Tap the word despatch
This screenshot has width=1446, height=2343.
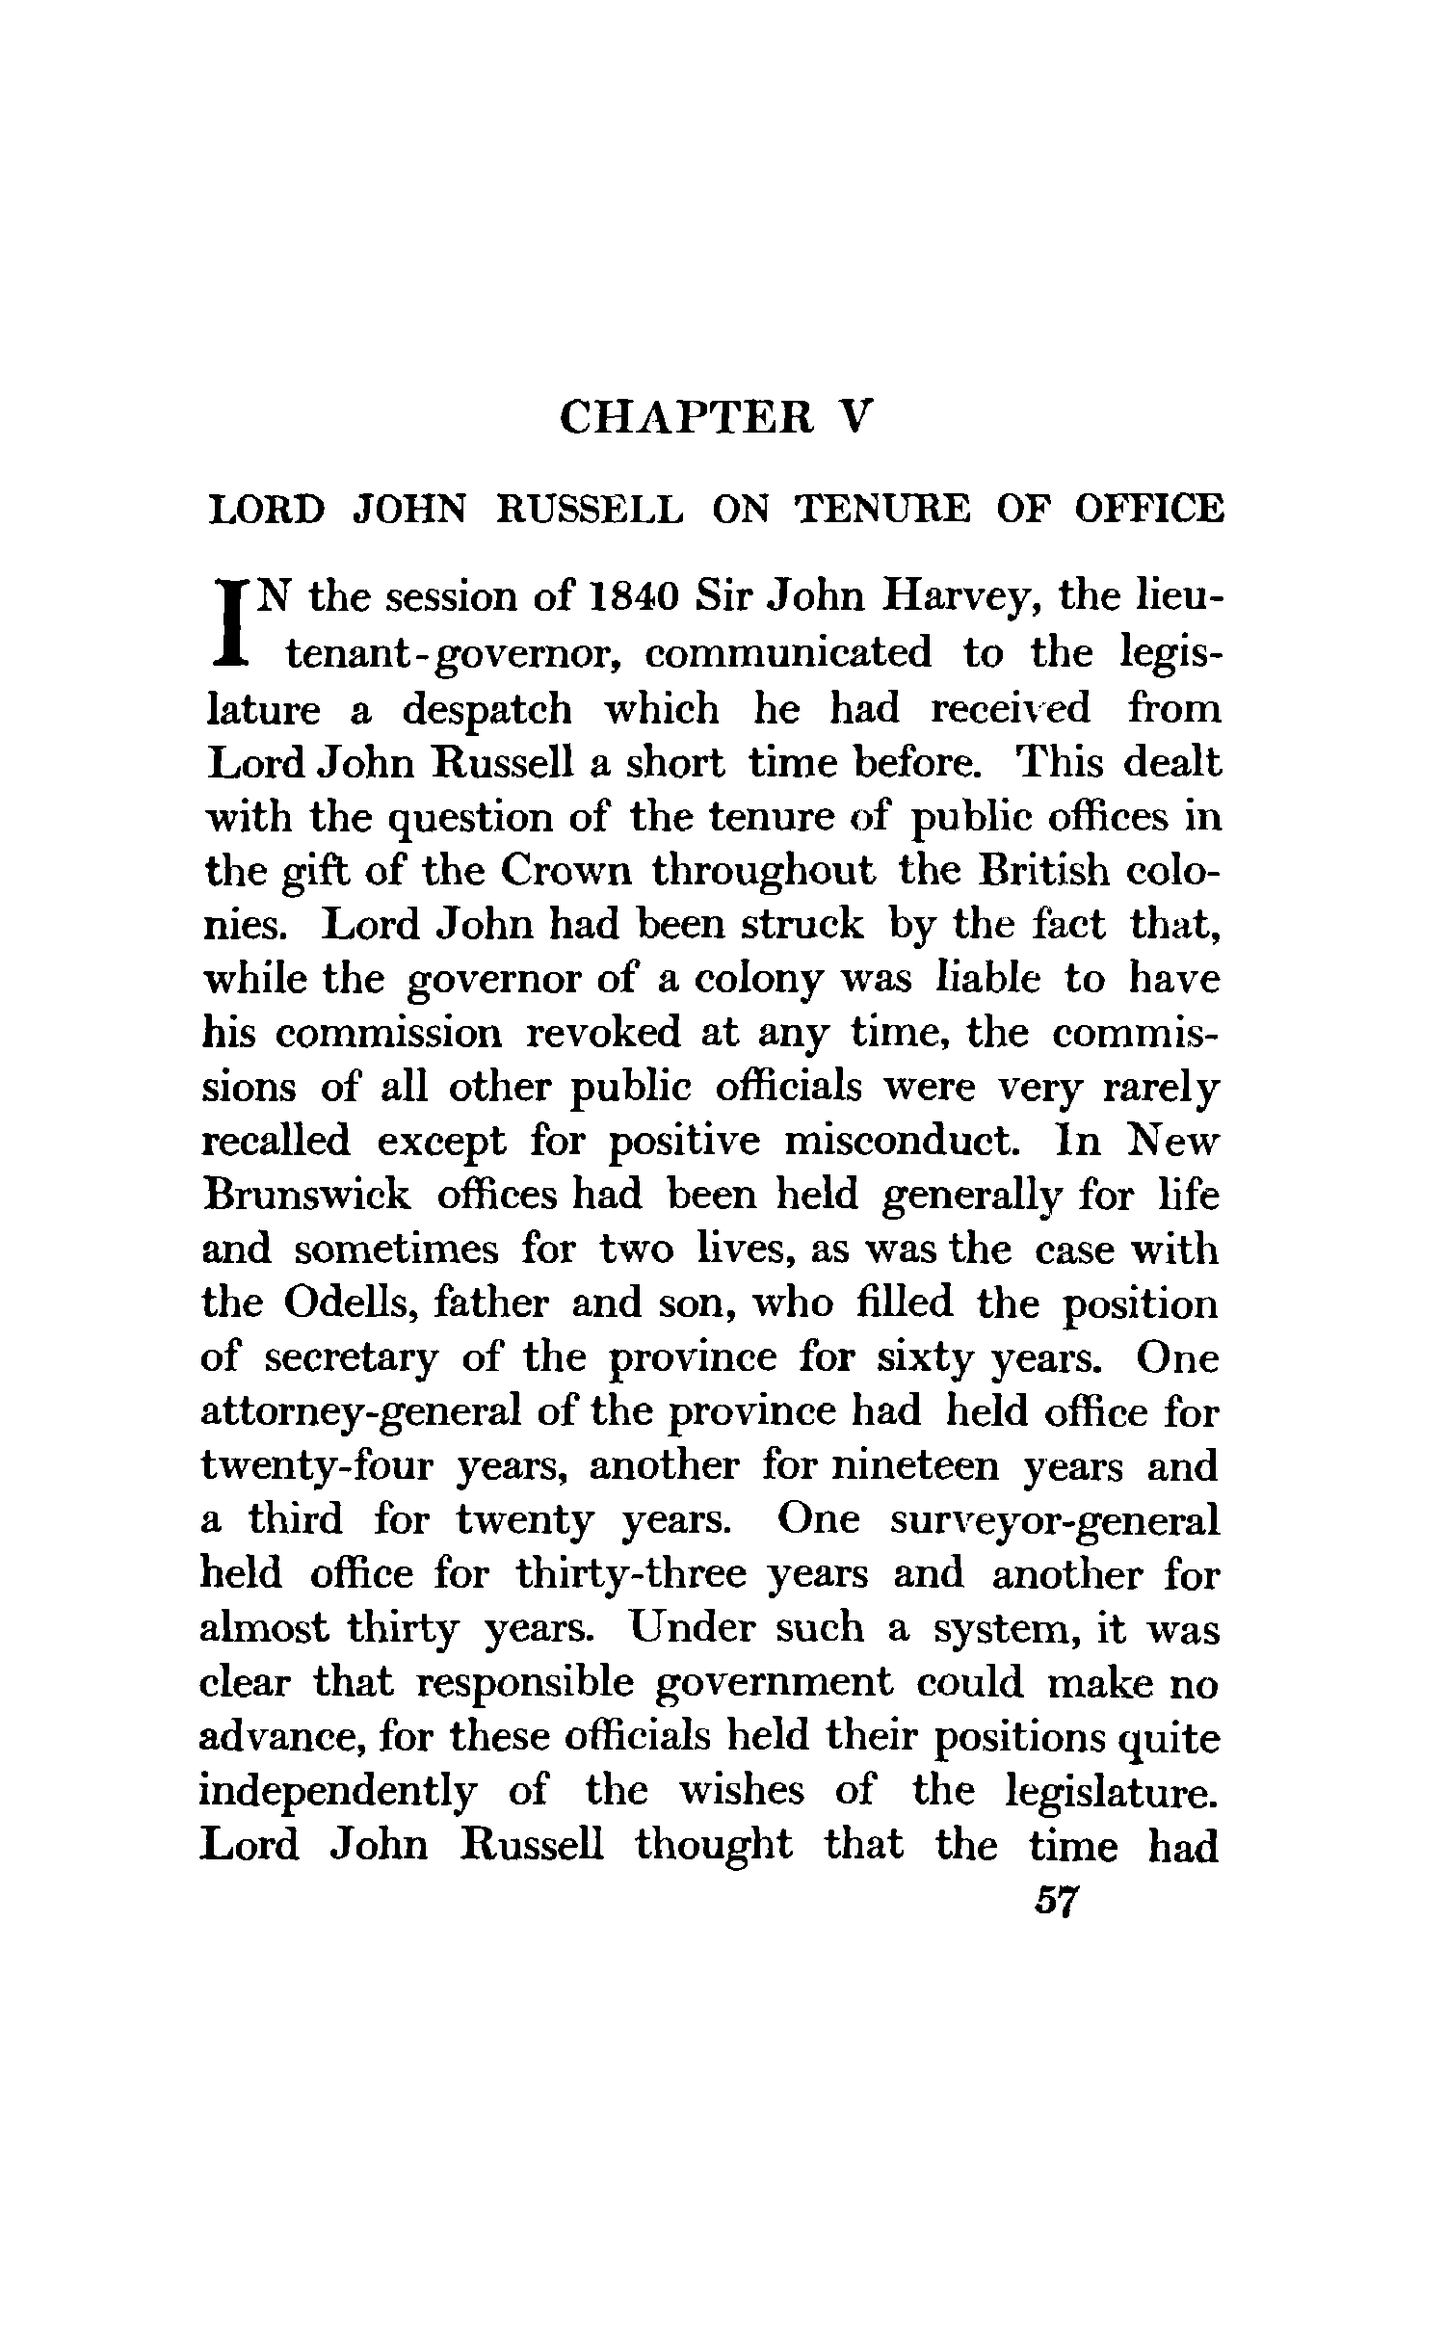[x=486, y=709]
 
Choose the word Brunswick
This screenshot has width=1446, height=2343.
[x=306, y=1196]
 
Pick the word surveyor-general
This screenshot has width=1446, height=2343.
[x=1054, y=1521]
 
